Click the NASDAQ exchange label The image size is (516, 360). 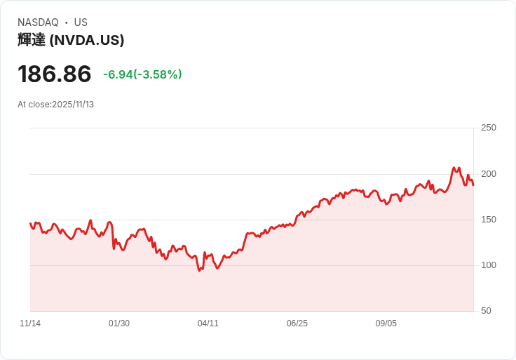pyautogui.click(x=38, y=22)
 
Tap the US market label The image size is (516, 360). pyautogui.click(x=81, y=22)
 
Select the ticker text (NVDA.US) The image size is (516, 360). pyautogui.click(x=87, y=40)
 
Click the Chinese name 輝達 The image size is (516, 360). pyautogui.click(x=32, y=40)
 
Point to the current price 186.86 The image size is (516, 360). pyautogui.click(x=55, y=74)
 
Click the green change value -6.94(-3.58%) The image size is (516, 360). pyautogui.click(x=142, y=74)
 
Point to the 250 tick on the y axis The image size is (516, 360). pyautogui.click(x=488, y=128)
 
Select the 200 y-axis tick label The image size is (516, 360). pyautogui.click(x=488, y=174)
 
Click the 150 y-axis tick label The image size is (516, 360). pyautogui.click(x=488, y=220)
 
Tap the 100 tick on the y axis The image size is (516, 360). pyautogui.click(x=488, y=265)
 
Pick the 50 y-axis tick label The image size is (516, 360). pyautogui.click(x=486, y=311)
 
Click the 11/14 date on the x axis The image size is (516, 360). pyautogui.click(x=30, y=324)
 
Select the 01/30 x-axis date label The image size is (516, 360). pyautogui.click(x=119, y=324)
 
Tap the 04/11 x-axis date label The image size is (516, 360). pyautogui.click(x=208, y=324)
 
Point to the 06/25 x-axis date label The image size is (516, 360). pyautogui.click(x=297, y=324)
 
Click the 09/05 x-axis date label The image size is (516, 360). pyautogui.click(x=386, y=324)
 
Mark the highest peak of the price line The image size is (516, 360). pyautogui.click(x=454, y=168)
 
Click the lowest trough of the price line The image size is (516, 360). pyautogui.click(x=200, y=271)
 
